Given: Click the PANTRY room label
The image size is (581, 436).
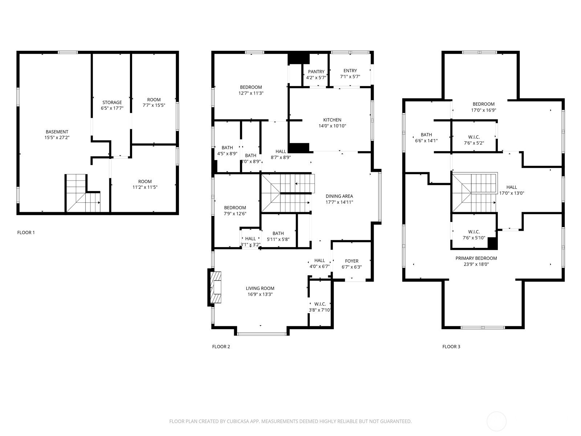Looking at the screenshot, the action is pyautogui.click(x=316, y=72).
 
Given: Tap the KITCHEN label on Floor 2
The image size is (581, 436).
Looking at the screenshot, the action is pyautogui.click(x=332, y=120).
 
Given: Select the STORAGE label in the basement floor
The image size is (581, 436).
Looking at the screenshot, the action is pyautogui.click(x=112, y=102).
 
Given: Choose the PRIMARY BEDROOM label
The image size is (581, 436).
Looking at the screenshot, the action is pyautogui.click(x=476, y=258).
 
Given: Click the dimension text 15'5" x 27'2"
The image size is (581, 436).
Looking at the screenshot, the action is pyautogui.click(x=57, y=137).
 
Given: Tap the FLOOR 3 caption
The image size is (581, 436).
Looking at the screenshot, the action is pyautogui.click(x=451, y=347).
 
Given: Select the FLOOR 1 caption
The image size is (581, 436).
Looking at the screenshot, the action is pyautogui.click(x=26, y=233).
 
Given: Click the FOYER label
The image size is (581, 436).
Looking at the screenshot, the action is pyautogui.click(x=352, y=261).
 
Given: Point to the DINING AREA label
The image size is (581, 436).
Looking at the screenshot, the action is pyautogui.click(x=339, y=196).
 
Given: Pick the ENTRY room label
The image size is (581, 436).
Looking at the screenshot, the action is pyautogui.click(x=350, y=71).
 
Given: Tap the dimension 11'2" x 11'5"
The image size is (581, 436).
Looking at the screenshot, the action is pyautogui.click(x=145, y=187).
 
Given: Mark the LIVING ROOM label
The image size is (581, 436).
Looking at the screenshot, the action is pyautogui.click(x=260, y=288).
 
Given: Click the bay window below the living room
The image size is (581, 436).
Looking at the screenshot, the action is pyautogui.click(x=262, y=334).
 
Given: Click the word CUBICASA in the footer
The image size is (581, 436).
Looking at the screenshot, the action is pyautogui.click(x=238, y=421).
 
